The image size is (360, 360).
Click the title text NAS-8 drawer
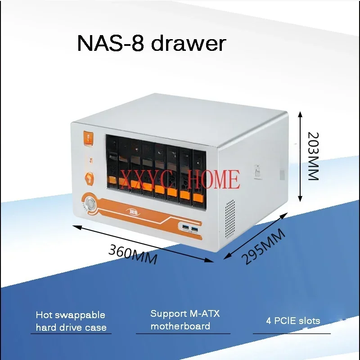coord(151,44)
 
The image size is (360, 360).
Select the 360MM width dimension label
coord(133,255)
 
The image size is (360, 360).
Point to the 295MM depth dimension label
coord(263,246)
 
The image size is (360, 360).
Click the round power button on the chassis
coord(91,203)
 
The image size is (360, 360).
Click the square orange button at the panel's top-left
coord(89,138)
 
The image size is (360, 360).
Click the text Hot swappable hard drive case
coord(71,321)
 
